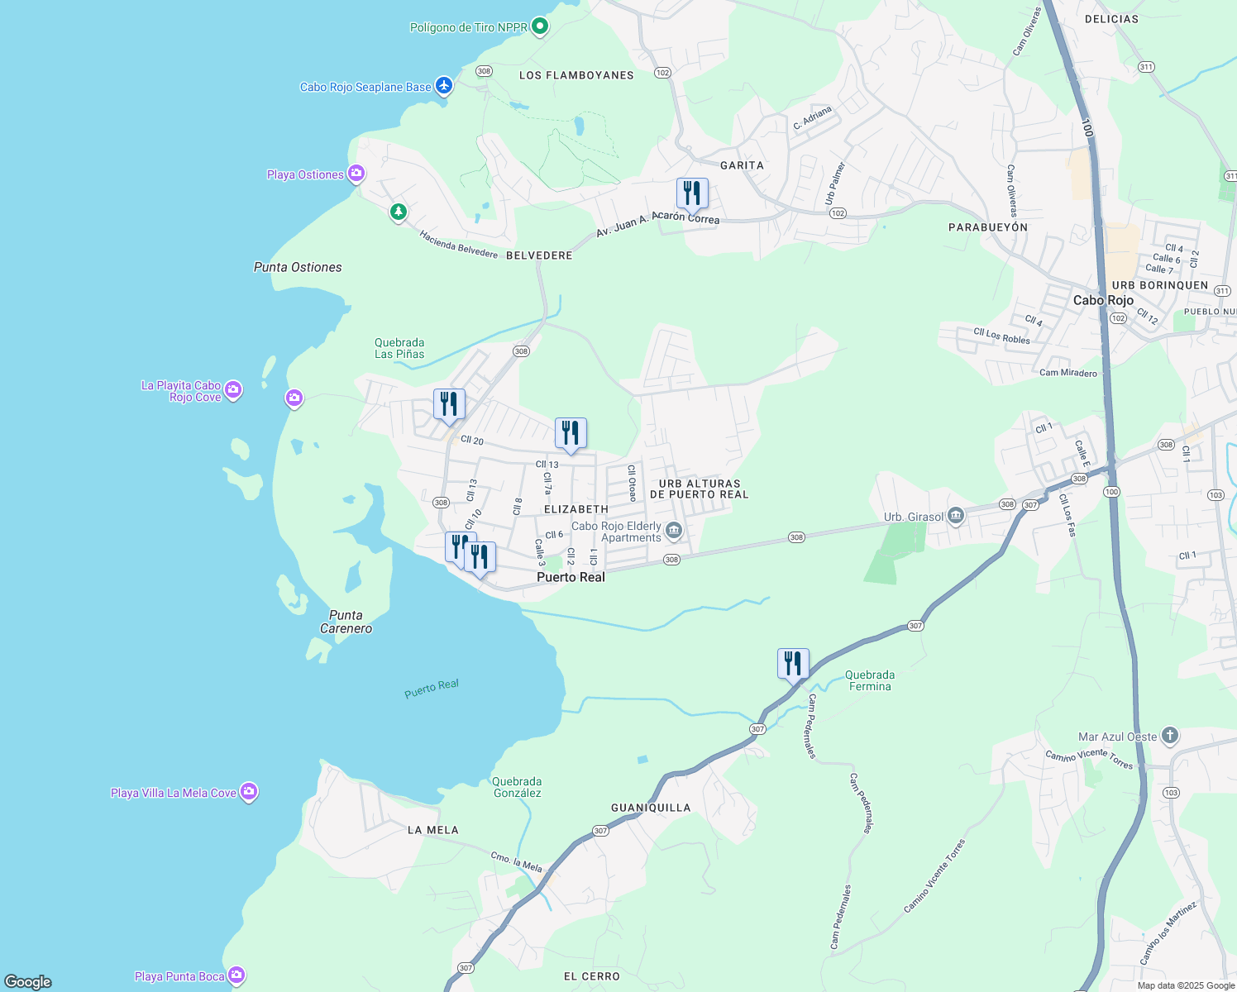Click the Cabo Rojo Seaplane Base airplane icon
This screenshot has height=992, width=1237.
tap(444, 86)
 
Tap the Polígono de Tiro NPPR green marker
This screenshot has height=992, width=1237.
tap(539, 27)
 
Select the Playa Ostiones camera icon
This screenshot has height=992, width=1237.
tap(356, 174)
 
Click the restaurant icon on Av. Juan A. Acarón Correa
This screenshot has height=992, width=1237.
tap(692, 193)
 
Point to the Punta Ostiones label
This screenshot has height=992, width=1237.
tap(298, 267)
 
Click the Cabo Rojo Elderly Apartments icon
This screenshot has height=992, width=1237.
tap(674, 531)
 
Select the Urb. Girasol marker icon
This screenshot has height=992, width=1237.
tap(956, 517)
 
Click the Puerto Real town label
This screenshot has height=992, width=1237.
tap(571, 577)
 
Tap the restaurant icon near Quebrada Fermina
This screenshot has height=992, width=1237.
tap(793, 663)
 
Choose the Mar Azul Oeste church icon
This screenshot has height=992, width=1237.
tap(1169, 736)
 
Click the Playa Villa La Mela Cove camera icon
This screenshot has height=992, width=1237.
tap(249, 792)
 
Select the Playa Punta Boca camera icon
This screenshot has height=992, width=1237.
tap(236, 975)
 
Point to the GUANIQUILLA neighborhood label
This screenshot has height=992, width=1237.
tap(651, 808)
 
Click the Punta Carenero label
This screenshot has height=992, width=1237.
tap(346, 622)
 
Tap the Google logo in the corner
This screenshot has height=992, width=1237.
tap(28, 982)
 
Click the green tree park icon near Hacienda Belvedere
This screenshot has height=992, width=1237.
tap(399, 212)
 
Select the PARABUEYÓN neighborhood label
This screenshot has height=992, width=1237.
tap(988, 227)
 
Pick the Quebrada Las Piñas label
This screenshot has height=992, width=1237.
tap(399, 348)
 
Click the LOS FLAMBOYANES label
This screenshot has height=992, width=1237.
tap(576, 75)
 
